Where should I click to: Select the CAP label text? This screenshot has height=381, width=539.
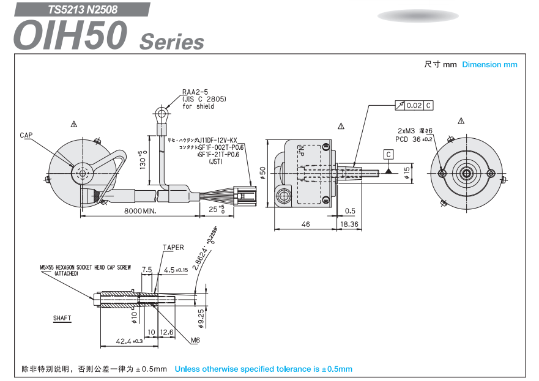point(26,135)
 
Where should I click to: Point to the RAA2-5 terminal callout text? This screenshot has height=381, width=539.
point(195,92)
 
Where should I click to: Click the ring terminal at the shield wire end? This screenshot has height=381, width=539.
point(162,113)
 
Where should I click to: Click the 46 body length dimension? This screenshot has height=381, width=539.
point(305,224)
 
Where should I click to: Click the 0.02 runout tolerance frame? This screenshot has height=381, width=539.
point(414,105)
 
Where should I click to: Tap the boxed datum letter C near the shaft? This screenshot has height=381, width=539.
point(388,154)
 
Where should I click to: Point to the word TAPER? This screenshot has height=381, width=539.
point(173,248)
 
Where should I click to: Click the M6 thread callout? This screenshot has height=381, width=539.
point(195,340)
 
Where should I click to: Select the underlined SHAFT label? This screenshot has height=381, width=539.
point(62,318)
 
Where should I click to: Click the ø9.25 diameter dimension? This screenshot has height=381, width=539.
point(201,316)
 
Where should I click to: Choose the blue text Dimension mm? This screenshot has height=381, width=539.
point(489,64)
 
